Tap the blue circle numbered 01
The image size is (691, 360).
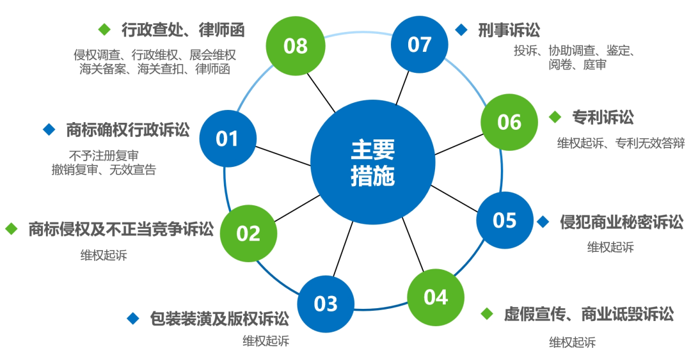[227, 139]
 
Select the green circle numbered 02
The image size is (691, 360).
[248, 233]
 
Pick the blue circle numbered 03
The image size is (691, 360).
[325, 303]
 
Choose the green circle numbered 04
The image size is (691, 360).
[436, 297]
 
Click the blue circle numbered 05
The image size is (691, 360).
[504, 221]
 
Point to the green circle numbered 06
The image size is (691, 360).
[509, 121]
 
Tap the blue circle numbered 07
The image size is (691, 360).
[419, 45]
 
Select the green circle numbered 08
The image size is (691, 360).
[295, 46]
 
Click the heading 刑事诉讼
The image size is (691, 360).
[509, 30]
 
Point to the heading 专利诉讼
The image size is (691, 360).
[603, 117]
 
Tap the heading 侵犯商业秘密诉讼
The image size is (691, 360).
[621, 222]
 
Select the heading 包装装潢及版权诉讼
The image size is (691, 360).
[219, 318]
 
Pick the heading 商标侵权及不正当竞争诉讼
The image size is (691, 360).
[120, 229]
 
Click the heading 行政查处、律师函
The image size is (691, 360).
[183, 29]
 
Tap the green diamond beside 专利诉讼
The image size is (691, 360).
[555, 117]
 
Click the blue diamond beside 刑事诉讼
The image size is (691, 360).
[461, 30]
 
